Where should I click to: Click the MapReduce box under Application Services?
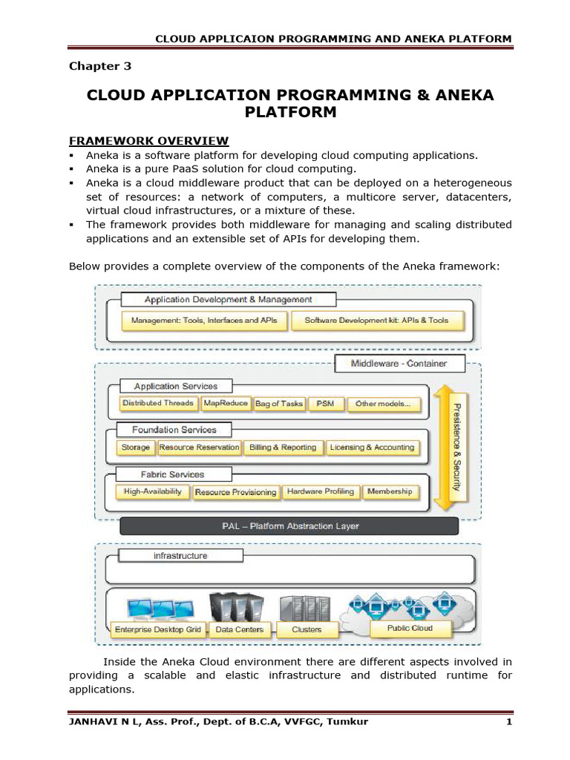point(225,404)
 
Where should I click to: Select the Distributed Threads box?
point(158,404)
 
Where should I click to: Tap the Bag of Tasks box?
point(278,404)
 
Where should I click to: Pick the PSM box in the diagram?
point(325,404)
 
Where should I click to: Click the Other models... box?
point(383,404)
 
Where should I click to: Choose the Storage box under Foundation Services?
point(135,448)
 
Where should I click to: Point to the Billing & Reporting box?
point(283,448)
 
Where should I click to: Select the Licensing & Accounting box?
point(373,448)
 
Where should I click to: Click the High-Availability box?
point(152,491)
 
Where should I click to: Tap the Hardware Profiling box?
point(321,491)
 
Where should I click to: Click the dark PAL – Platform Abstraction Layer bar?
point(289,526)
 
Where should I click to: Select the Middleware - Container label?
point(399,364)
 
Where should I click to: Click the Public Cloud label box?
point(410,628)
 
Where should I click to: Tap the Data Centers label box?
point(239,629)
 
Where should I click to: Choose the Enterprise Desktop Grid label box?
point(157,629)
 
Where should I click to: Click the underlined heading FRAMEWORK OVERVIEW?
point(148,141)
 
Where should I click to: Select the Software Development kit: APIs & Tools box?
point(376,321)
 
